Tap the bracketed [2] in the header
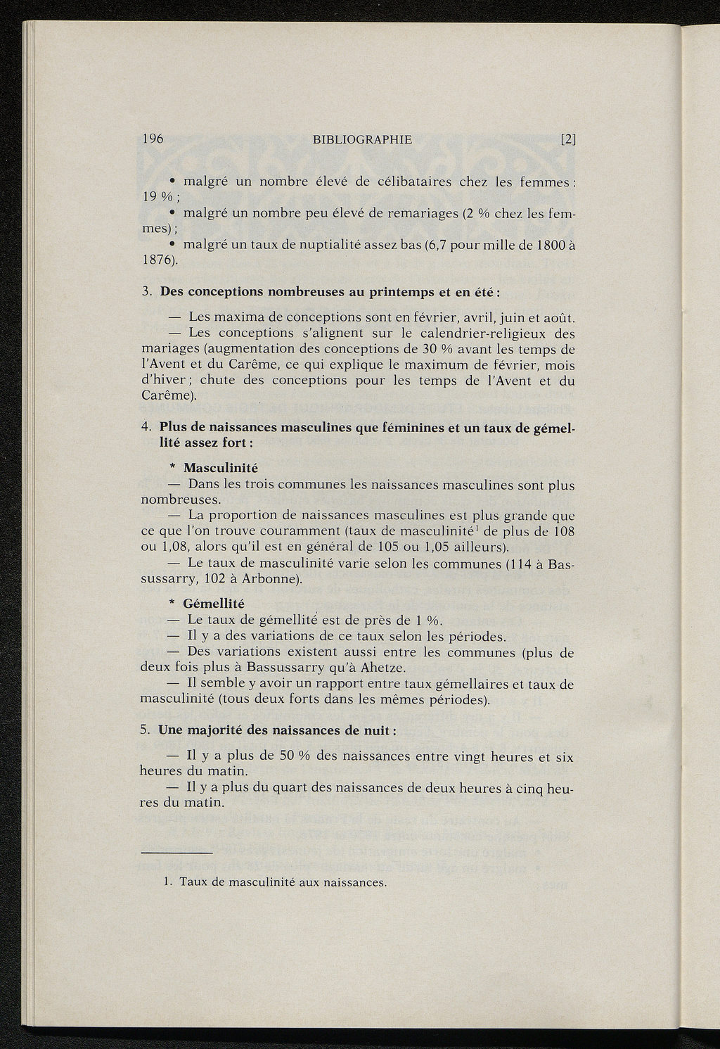568,139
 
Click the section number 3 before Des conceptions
145,291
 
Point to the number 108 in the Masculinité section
563,532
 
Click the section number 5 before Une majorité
144,730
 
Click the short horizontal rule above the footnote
176,853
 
